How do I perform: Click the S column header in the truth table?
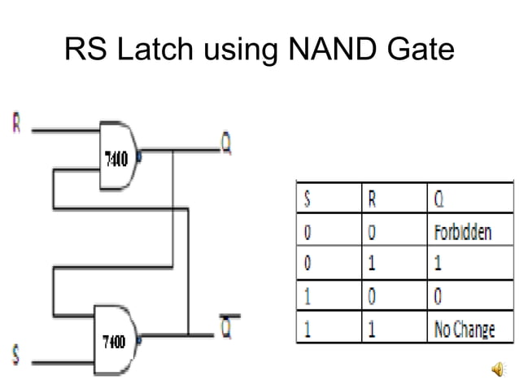pyautogui.click(x=308, y=198)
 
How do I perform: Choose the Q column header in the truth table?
pyautogui.click(x=433, y=198)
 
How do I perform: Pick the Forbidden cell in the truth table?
pyautogui.click(x=460, y=232)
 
